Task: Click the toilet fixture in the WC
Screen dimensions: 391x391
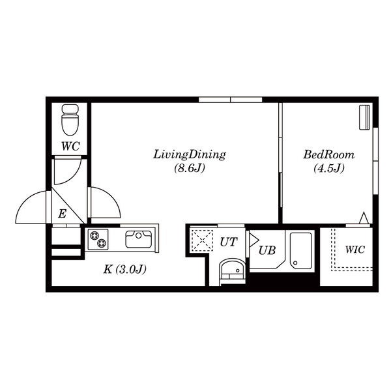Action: (x=70, y=120)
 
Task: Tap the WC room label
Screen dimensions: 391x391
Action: (x=70, y=146)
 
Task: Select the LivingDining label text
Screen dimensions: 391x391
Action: (x=190, y=154)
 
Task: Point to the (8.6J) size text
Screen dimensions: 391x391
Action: (x=190, y=168)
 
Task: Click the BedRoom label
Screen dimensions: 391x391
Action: (x=329, y=154)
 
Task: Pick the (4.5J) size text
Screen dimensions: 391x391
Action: (x=329, y=168)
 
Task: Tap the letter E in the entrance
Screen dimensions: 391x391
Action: (x=62, y=214)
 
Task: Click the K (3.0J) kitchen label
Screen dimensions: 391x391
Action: (x=124, y=269)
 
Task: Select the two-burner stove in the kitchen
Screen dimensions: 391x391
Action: (x=98, y=239)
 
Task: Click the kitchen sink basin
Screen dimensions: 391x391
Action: (x=138, y=239)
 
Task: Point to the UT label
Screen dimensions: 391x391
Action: (x=229, y=242)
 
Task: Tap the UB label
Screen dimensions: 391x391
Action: (x=267, y=251)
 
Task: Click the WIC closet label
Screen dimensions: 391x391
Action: (x=355, y=250)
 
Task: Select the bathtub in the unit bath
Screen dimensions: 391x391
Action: (x=301, y=251)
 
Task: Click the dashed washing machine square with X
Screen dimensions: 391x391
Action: (x=202, y=240)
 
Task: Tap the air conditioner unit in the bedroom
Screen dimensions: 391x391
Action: (x=364, y=117)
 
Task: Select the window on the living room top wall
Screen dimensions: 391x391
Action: (x=231, y=100)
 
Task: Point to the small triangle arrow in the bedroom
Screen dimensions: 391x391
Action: (x=364, y=218)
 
